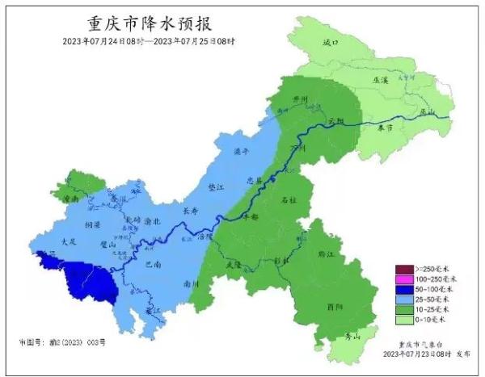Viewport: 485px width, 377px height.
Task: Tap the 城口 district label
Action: pyautogui.click(x=329, y=42)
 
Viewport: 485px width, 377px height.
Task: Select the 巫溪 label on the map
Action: pyautogui.click(x=380, y=80)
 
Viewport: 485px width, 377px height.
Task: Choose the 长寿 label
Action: pyautogui.click(x=191, y=211)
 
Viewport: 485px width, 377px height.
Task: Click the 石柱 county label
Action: pyautogui.click(x=289, y=199)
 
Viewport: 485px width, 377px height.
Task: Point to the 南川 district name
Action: pyautogui.click(x=192, y=284)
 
